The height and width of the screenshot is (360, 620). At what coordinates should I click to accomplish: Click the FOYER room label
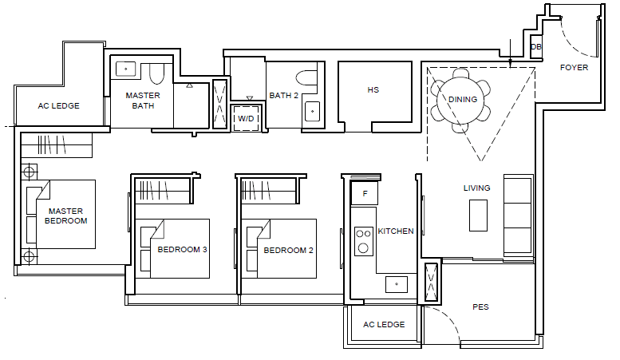point(574,68)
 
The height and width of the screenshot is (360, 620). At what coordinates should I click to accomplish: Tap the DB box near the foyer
point(535,46)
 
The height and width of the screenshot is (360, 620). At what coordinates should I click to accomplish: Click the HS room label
point(373,90)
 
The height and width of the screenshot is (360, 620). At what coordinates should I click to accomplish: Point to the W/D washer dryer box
point(246,118)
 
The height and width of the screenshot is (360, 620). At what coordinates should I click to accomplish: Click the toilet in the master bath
point(156,73)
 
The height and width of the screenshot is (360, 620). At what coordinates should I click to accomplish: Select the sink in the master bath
point(126,69)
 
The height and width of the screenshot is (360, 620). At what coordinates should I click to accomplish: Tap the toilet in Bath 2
point(307,77)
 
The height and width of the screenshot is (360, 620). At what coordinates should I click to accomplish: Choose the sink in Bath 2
point(312,111)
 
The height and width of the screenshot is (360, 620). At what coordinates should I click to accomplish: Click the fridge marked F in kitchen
point(365,193)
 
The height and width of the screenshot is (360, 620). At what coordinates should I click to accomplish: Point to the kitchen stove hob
point(363,241)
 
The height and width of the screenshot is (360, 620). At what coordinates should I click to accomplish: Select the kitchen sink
point(397,284)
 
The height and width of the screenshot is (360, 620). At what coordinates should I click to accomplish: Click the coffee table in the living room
point(478,216)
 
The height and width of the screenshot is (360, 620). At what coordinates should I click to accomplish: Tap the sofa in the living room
point(518,216)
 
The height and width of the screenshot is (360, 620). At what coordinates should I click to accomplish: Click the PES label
point(480,307)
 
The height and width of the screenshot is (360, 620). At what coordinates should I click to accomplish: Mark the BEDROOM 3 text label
point(182,250)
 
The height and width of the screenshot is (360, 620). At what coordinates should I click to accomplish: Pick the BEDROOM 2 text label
point(288,251)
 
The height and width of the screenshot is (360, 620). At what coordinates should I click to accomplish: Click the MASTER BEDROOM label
point(65,216)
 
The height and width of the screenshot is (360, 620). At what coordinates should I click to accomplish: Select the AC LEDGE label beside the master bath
point(58,106)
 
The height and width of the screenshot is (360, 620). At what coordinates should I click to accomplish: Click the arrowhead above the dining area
point(510,63)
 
